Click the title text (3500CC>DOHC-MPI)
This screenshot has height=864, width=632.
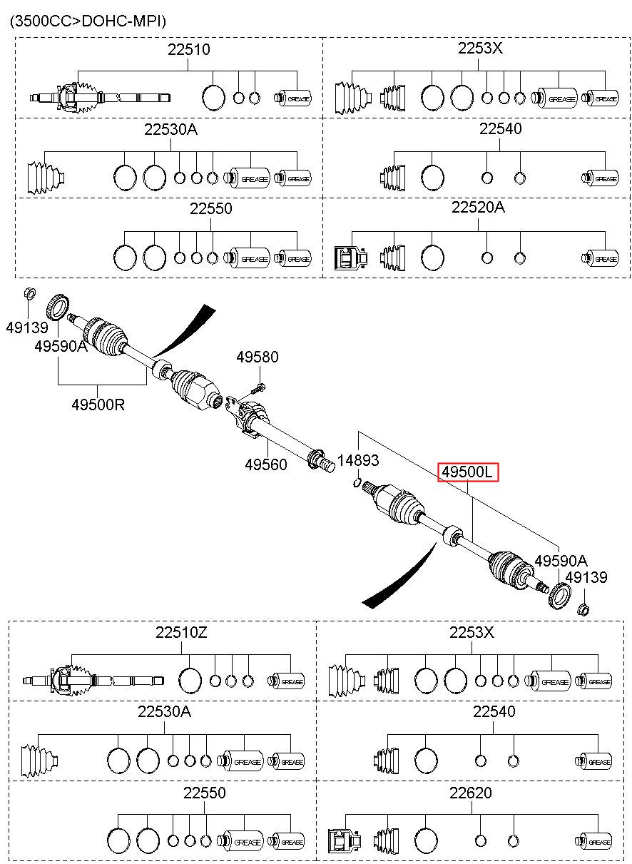[88, 21]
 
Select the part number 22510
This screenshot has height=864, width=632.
[188, 49]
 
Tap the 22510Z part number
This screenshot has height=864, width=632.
[181, 632]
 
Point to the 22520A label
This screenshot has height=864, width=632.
[478, 208]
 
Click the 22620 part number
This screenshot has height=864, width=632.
[470, 793]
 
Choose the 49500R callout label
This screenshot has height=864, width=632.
[98, 405]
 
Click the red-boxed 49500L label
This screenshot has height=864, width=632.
[468, 472]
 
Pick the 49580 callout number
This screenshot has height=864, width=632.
[258, 357]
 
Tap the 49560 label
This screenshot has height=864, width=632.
[266, 464]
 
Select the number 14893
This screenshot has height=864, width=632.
[358, 459]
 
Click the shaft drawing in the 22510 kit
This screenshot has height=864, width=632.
[101, 98]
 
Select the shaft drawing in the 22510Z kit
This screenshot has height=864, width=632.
[93, 681]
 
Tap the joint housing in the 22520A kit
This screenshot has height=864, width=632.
[350, 258]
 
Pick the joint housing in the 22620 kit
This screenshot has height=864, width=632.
[345, 841]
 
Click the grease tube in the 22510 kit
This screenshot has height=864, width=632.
[292, 98]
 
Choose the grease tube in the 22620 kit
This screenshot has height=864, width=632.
[593, 841]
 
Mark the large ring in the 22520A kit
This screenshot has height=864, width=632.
[432, 258]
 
